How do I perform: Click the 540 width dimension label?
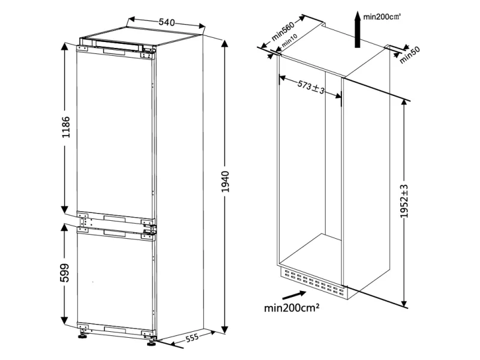click(x=167, y=22)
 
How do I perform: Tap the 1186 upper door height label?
click(x=67, y=127)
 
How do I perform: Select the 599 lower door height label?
click(x=67, y=273)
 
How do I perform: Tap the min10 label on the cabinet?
click(x=290, y=41)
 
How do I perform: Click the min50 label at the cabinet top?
click(x=410, y=55)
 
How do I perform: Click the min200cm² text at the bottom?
click(x=291, y=308)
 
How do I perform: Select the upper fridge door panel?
click(x=114, y=132)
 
